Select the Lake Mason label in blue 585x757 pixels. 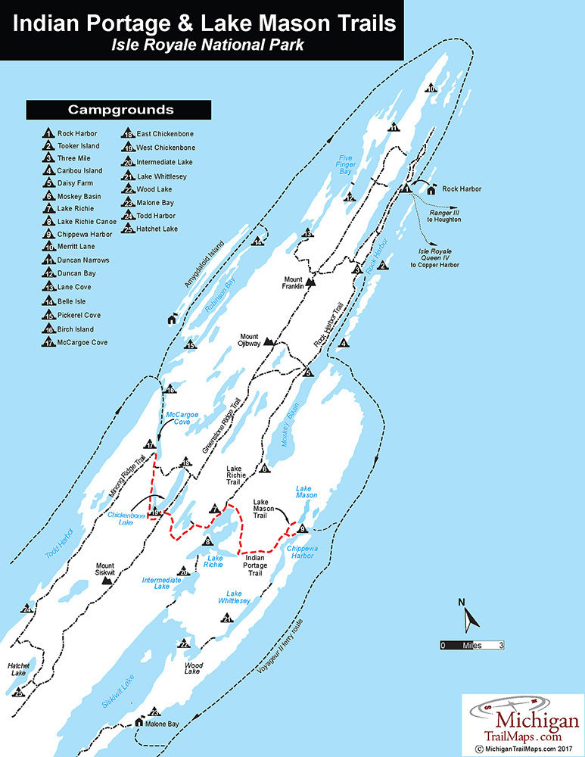[305, 491]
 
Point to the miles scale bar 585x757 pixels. [472, 646]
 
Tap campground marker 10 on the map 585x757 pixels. [431, 89]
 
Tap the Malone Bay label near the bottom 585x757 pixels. [163, 724]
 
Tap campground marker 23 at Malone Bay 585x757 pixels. [154, 712]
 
